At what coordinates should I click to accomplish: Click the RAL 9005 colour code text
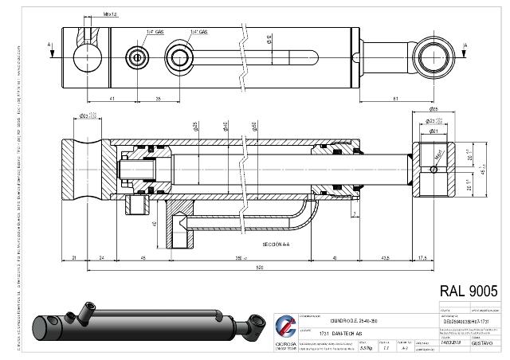click(469, 292)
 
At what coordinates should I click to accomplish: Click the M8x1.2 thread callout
click(110, 14)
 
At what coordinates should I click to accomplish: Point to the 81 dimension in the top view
click(397, 98)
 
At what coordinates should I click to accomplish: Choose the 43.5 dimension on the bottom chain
click(385, 258)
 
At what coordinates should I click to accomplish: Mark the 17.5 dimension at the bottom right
click(423, 258)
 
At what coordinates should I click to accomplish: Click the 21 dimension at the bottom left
click(73, 258)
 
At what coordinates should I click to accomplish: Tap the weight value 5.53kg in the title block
click(365, 347)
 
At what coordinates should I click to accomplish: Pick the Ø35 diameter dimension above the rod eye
click(433, 108)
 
